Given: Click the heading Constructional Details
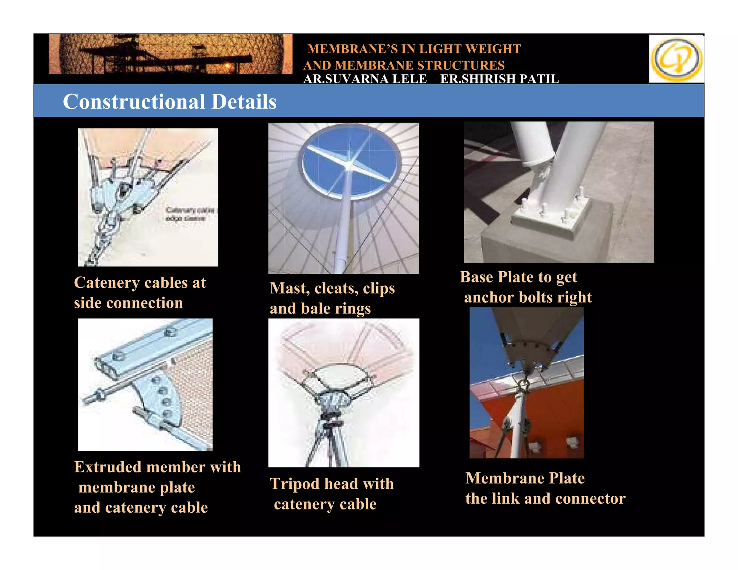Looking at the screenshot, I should click(169, 102).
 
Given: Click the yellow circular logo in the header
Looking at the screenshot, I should click(676, 59).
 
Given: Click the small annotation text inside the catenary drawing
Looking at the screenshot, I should click(189, 214).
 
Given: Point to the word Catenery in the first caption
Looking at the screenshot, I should click(107, 283).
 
